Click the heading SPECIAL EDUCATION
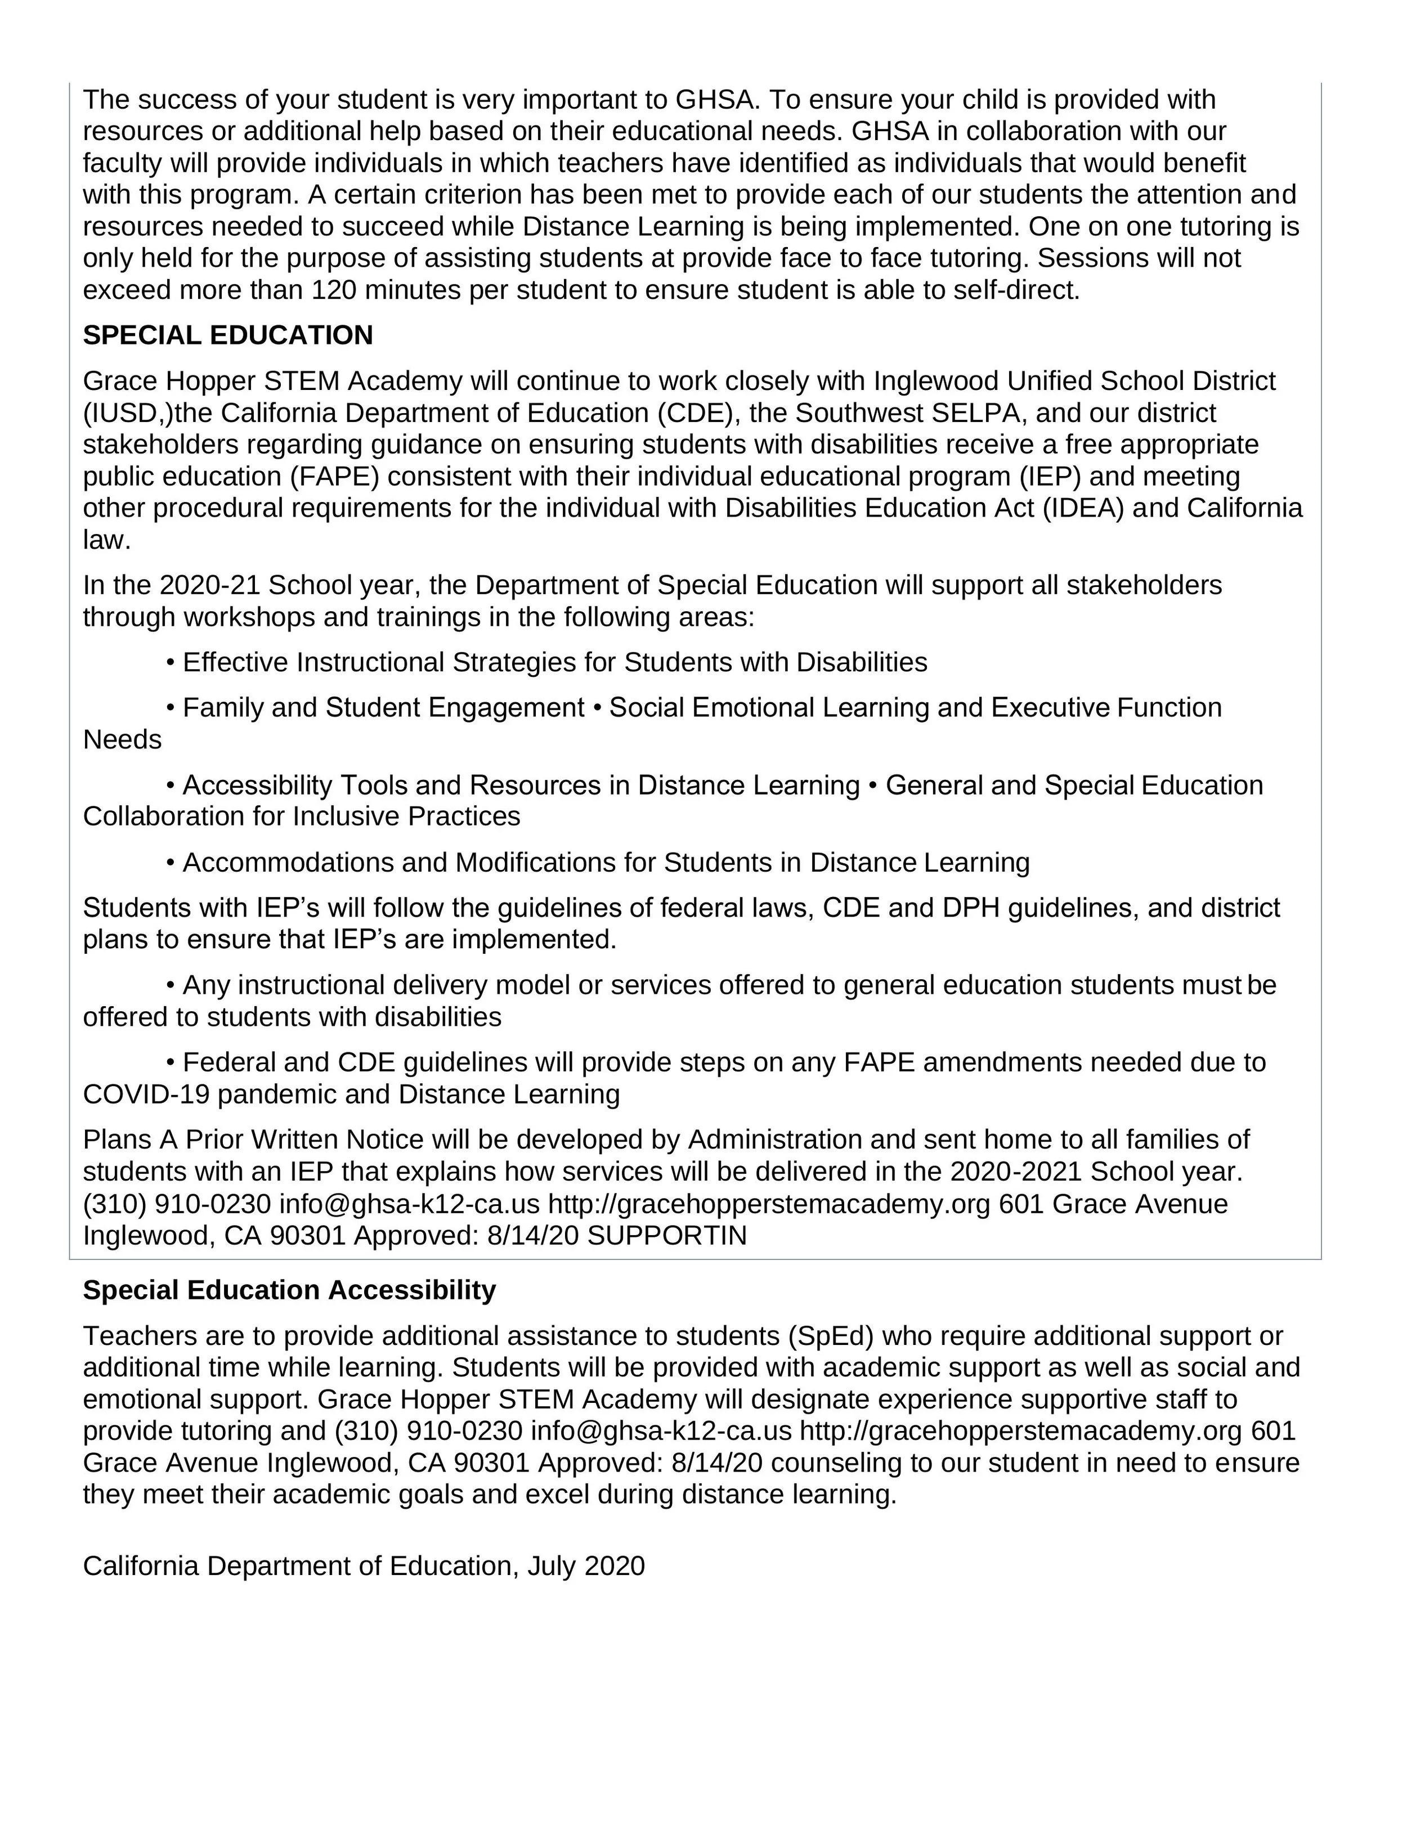[228, 335]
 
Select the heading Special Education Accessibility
[289, 1290]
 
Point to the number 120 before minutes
[334, 290]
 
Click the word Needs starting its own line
[122, 739]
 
